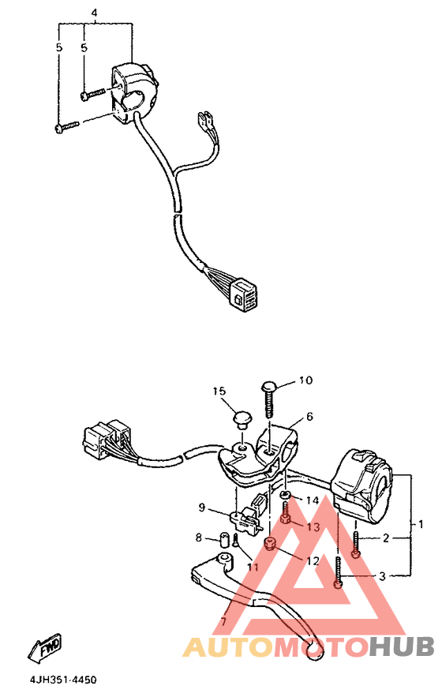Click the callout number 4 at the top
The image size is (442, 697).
(94, 14)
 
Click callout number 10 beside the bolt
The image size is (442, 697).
(305, 381)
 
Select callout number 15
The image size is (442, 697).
(219, 392)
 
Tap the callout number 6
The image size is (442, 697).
(310, 416)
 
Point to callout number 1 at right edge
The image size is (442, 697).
(421, 523)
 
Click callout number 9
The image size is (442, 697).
(202, 508)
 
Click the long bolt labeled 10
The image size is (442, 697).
(268, 399)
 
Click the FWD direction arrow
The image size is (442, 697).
(45, 647)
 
